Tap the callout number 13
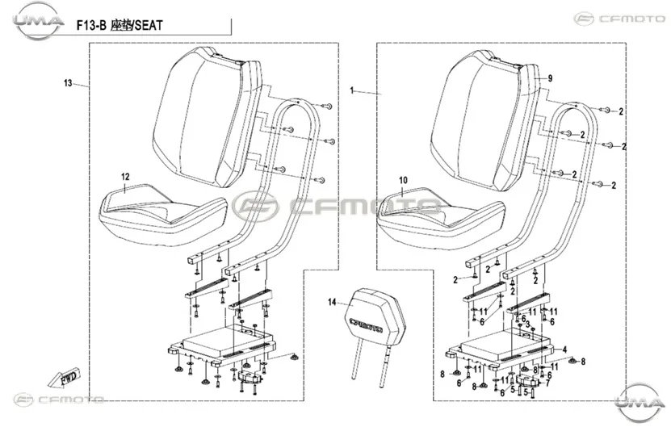click(68, 83)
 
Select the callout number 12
click(125, 177)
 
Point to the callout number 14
click(332, 303)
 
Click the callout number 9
click(551, 78)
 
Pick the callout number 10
click(404, 181)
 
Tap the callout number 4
click(565, 350)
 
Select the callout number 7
click(547, 383)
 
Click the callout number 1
click(352, 90)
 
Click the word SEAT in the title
click(148, 26)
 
